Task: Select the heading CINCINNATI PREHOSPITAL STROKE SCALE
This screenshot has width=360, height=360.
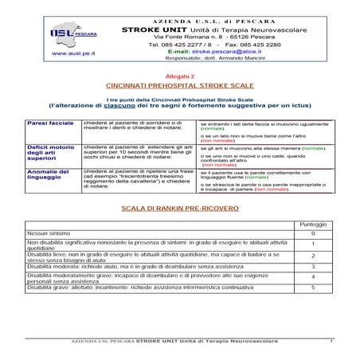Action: click(178, 84)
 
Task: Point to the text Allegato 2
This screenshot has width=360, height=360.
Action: click(178, 74)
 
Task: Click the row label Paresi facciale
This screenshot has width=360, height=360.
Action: click(46, 125)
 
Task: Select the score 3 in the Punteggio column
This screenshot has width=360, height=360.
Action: click(312, 267)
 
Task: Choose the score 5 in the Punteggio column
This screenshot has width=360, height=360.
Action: click(312, 287)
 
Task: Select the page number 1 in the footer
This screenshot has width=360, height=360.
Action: click(330, 342)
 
